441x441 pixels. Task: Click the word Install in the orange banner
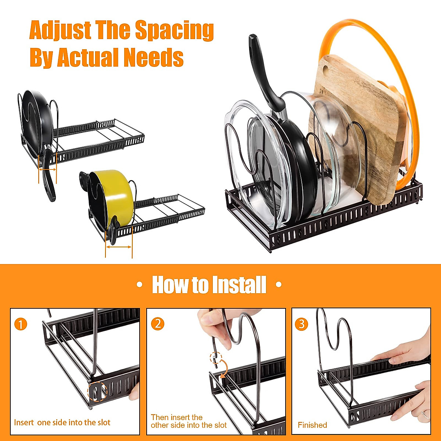pos(239,285)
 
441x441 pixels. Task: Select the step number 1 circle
pos(21,325)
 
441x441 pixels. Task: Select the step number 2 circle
pos(158,323)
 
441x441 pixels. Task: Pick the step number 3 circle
pos(301,324)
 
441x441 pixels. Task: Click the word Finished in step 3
pos(312,425)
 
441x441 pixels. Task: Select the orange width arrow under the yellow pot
pos(118,247)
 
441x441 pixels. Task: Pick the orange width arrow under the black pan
pos(47,169)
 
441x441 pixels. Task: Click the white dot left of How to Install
pos(139,285)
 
